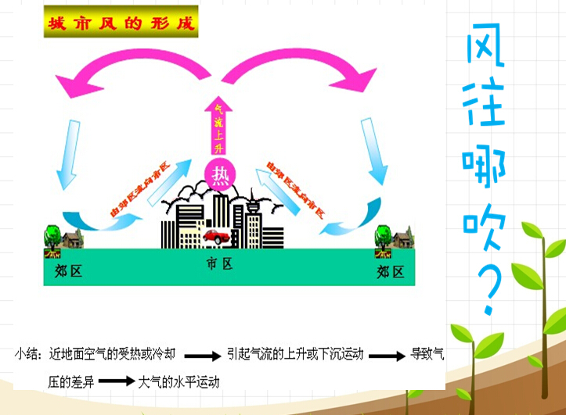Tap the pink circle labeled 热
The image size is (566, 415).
pos(219,173)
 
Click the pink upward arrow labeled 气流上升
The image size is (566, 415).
pos(218,125)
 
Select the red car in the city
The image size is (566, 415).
pos(216,234)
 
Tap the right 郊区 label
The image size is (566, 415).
pos(391,272)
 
